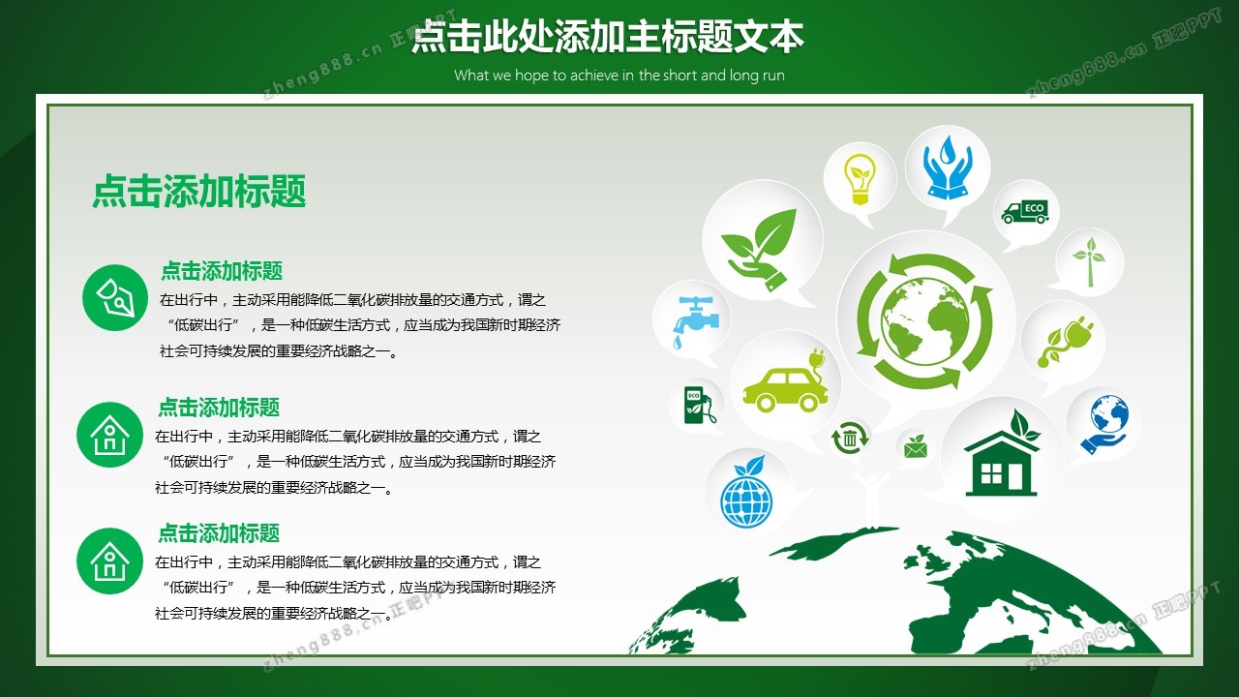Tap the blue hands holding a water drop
tap(948, 167)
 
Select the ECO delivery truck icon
tap(1025, 212)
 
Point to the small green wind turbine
tap(1090, 262)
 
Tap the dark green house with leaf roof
tap(1001, 454)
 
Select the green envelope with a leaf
tap(916, 447)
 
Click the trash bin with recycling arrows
tap(850, 438)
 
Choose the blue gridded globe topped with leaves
tap(745, 491)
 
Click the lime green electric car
tap(784, 381)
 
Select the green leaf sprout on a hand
tap(760, 249)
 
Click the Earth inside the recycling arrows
tap(924, 321)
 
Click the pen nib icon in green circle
tap(115, 297)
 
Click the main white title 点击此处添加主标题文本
tap(607, 37)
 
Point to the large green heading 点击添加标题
tap(199, 191)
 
